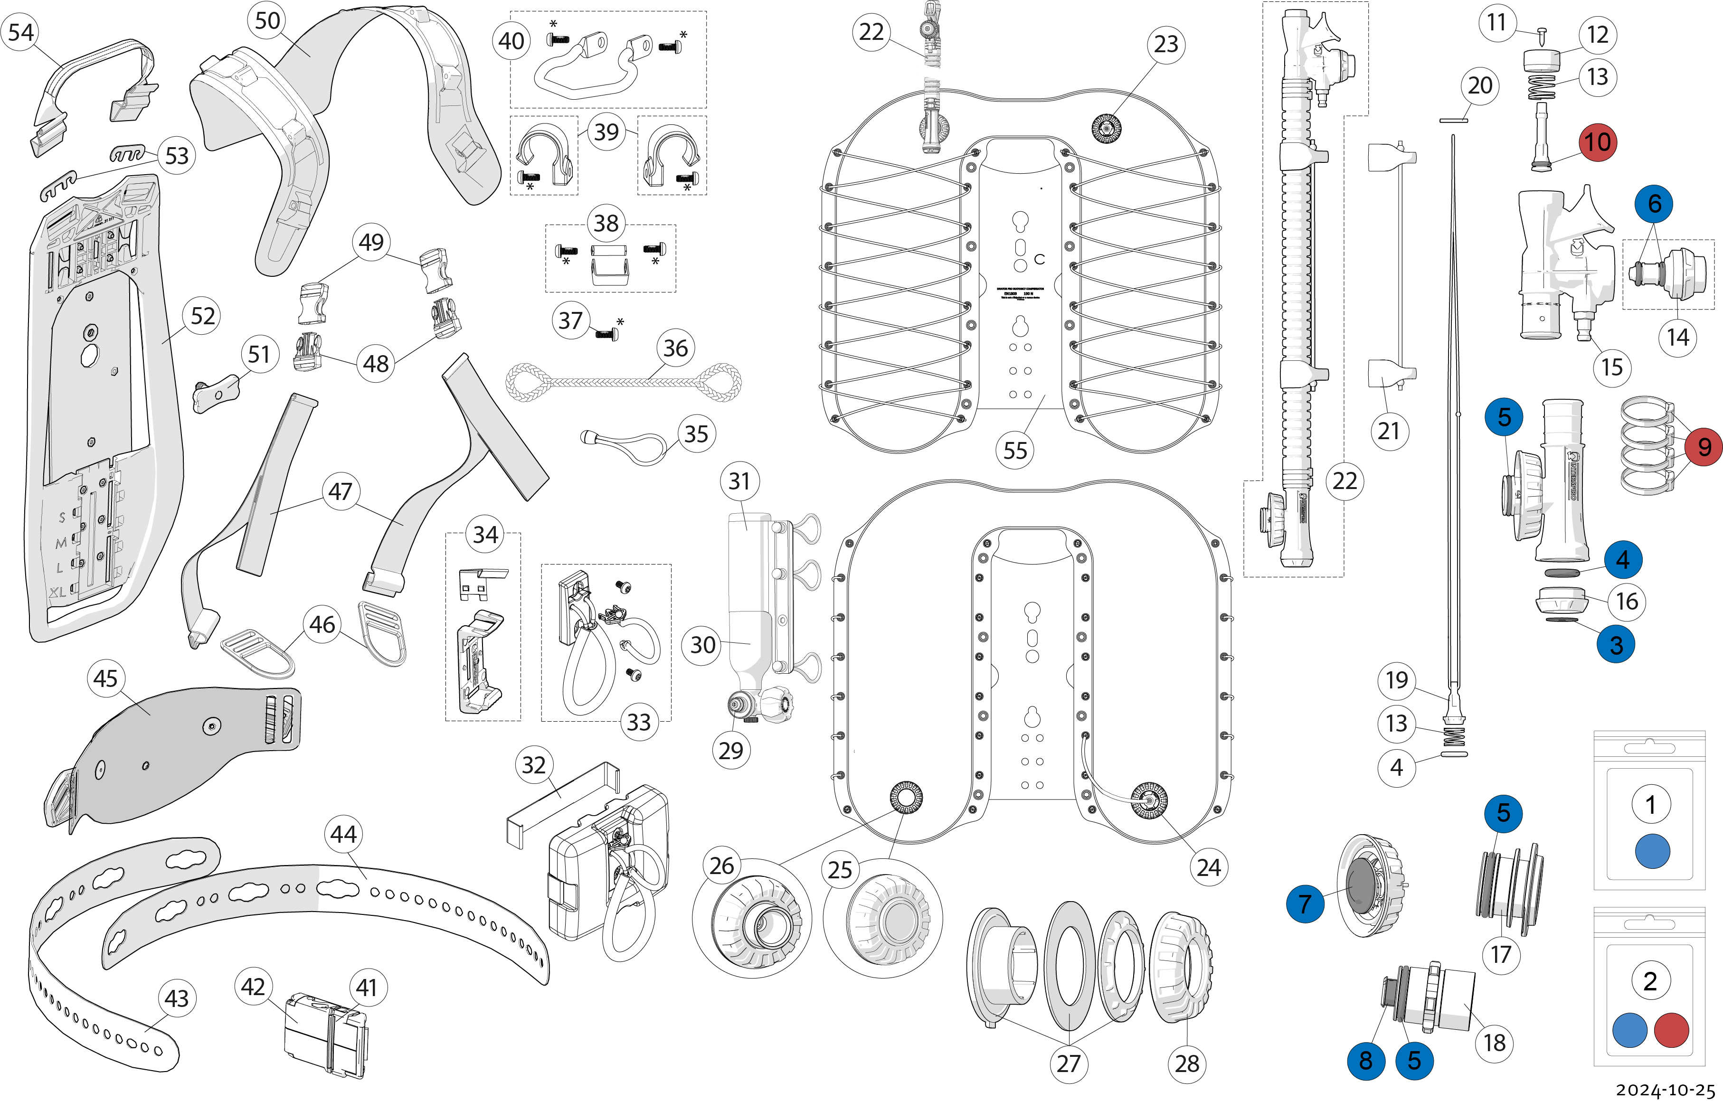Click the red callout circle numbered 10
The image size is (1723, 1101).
(x=1598, y=141)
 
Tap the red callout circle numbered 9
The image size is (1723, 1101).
(x=1704, y=447)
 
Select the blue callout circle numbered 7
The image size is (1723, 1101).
(x=1305, y=903)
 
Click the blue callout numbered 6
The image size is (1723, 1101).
(x=1654, y=204)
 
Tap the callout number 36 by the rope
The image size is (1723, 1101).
(x=675, y=348)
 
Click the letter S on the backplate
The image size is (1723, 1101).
(x=62, y=517)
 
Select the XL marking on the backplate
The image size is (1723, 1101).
(x=57, y=592)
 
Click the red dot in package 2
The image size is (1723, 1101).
(x=1672, y=1030)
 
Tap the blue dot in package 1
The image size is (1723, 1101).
(x=1652, y=851)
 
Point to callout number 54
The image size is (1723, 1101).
(x=21, y=32)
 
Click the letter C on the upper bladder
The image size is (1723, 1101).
(x=1040, y=259)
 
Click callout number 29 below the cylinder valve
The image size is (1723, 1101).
(x=730, y=751)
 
